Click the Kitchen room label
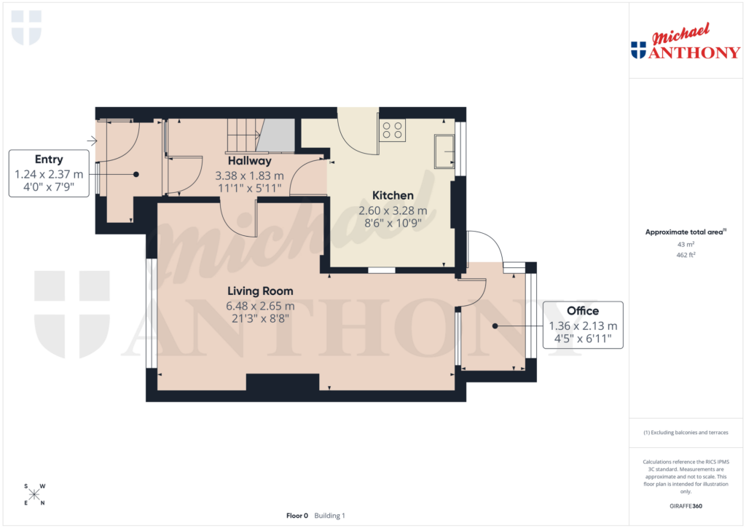tap(393, 195)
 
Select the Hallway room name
tap(249, 160)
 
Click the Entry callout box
tap(49, 173)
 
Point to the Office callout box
tap(583, 325)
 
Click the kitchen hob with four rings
tap(393, 130)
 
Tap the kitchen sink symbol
tap(444, 151)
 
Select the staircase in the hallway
tap(244, 135)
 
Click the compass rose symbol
tap(34, 494)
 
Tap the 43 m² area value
tap(685, 245)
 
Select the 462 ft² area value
tap(685, 255)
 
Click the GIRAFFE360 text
tap(685, 505)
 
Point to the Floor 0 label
tap(297, 516)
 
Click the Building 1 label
tap(330, 516)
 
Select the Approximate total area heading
tap(685, 232)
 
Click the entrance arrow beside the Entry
tap(93, 141)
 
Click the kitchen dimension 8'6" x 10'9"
tap(393, 224)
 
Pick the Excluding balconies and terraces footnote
tap(685, 433)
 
